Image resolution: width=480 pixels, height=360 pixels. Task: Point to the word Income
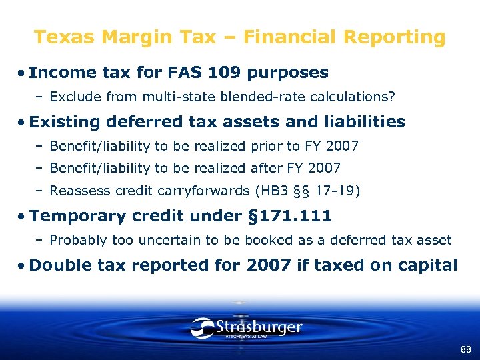point(57,73)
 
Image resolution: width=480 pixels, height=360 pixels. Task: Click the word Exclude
point(73,97)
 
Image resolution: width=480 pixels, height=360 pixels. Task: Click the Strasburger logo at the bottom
point(246,328)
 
